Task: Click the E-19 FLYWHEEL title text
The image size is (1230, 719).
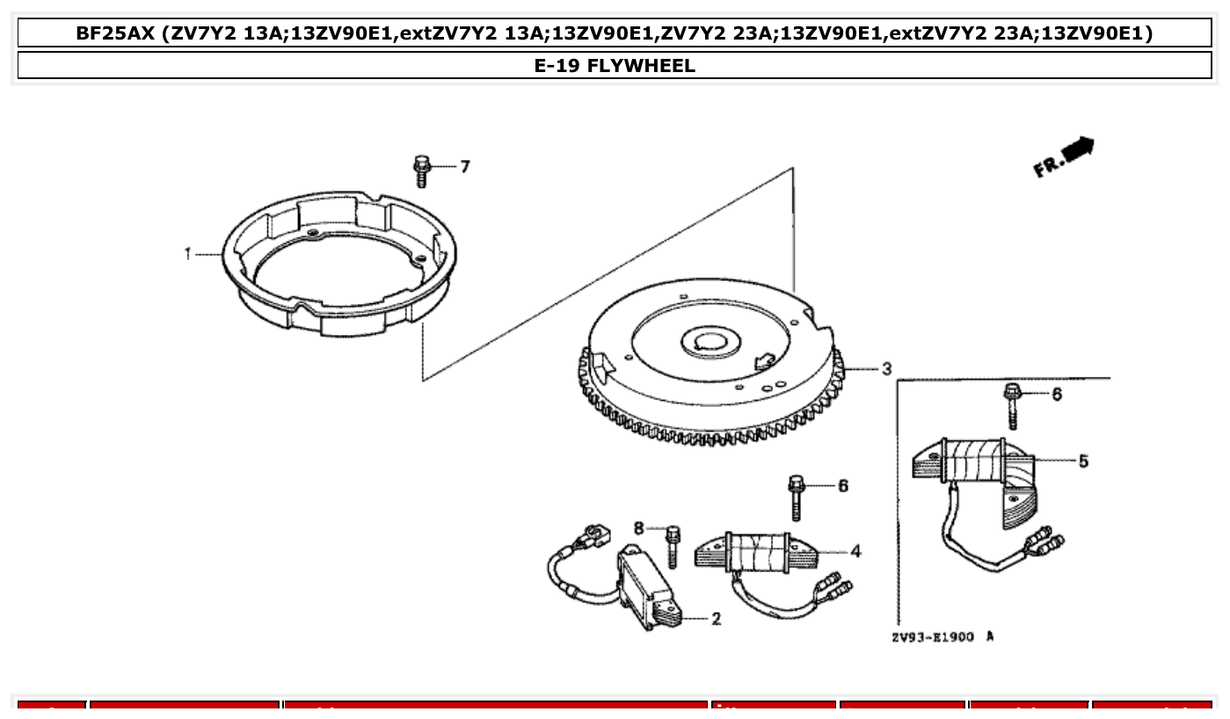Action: (x=615, y=66)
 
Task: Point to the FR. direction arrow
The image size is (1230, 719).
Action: (x=1066, y=156)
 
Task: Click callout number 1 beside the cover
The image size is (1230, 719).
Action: (x=187, y=254)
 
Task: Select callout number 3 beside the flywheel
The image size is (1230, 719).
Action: (x=886, y=368)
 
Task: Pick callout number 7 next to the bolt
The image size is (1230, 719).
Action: (x=465, y=166)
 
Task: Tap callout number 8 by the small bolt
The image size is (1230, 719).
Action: (x=639, y=527)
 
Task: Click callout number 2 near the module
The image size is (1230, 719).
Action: (x=716, y=619)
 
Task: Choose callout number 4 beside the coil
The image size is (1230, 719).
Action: (x=855, y=552)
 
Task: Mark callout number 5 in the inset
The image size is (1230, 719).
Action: (x=1083, y=461)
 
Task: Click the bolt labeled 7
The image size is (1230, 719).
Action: (x=421, y=171)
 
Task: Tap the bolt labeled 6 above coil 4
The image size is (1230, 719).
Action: (x=797, y=497)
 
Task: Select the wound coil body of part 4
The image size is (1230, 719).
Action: (x=757, y=553)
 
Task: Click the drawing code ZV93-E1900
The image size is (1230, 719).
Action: (x=932, y=636)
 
